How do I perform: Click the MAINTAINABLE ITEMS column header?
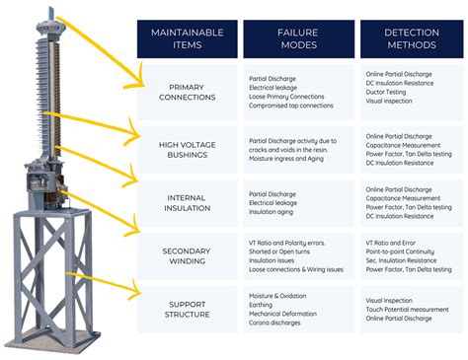coord(186,39)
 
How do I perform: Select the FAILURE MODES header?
coord(294,39)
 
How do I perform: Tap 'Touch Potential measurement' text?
coord(407,310)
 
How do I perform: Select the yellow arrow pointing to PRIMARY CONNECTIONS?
coord(99,49)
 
